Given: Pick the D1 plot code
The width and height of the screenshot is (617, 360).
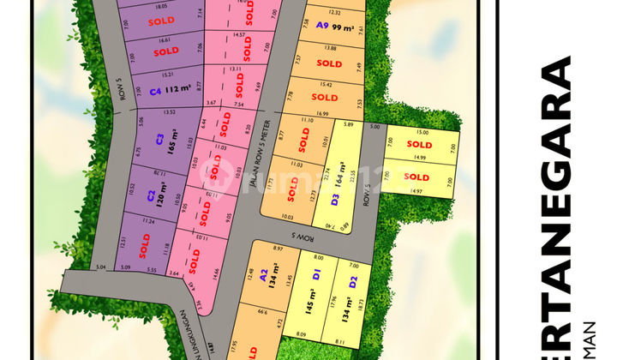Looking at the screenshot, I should (316, 275).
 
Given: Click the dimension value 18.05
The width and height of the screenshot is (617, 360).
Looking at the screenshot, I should (160, 5).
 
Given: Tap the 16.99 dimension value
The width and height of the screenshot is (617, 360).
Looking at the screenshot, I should (322, 113).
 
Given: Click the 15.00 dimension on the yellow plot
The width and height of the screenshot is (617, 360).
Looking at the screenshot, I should (422, 133).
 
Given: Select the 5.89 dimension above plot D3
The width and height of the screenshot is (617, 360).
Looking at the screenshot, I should (347, 125).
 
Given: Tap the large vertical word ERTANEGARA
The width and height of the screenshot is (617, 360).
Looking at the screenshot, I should (558, 189).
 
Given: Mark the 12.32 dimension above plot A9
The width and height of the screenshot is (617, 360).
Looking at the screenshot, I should (334, 13).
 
